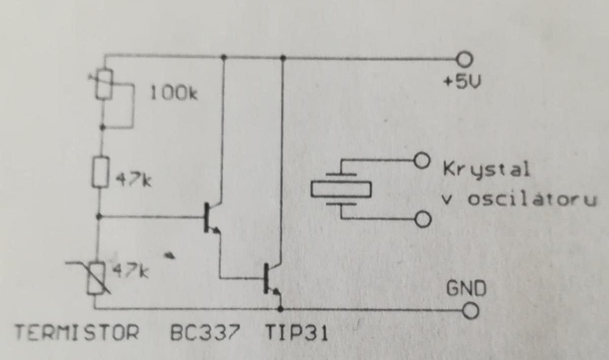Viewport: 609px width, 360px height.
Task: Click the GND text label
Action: (x=466, y=288)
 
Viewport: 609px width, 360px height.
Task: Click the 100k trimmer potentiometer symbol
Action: (x=103, y=85)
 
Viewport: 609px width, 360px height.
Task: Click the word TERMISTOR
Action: (x=78, y=334)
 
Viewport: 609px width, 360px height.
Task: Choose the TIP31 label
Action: (x=296, y=334)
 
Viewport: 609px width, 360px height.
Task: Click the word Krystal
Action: (x=486, y=169)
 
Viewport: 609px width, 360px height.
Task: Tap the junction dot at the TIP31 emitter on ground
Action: (x=281, y=308)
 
